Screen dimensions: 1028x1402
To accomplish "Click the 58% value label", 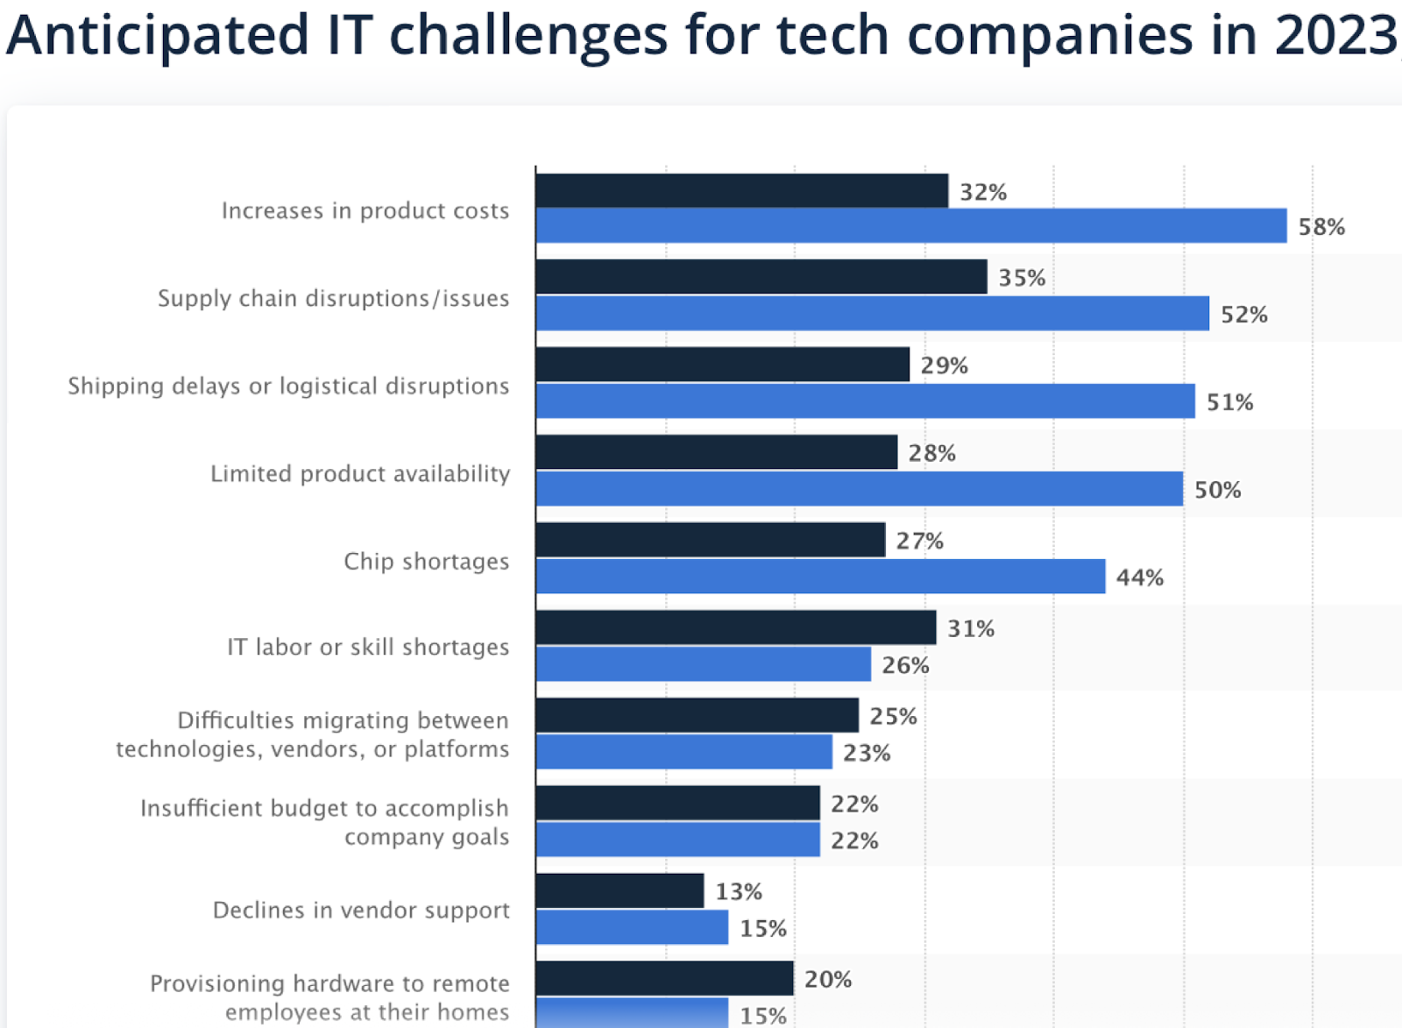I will pyautogui.click(x=1321, y=227).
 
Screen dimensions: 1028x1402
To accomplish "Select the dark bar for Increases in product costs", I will pyautogui.click(x=741, y=191).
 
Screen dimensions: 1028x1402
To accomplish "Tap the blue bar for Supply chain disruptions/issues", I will pyautogui.click(x=872, y=314).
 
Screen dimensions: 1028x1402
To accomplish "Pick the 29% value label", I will pyautogui.click(x=944, y=365).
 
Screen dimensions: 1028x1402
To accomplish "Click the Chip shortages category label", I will pyautogui.click(x=426, y=561).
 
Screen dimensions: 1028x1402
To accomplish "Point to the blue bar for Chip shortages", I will pyautogui.click(x=820, y=577).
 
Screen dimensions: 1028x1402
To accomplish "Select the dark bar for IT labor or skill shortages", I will pyautogui.click(x=735, y=627).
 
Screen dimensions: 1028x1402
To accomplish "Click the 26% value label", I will pyautogui.click(x=905, y=665).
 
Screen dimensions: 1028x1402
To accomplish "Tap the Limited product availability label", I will pyautogui.click(x=359, y=473).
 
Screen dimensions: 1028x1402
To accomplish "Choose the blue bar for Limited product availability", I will pyautogui.click(x=859, y=489).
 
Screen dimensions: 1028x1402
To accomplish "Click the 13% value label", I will pyautogui.click(x=738, y=891).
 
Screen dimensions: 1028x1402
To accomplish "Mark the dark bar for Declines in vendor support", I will pyautogui.click(x=620, y=890).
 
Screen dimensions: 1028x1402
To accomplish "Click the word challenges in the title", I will pyautogui.click(x=528, y=35).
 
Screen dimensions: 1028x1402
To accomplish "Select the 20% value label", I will pyautogui.click(x=827, y=979).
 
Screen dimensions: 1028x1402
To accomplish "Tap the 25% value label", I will pyautogui.click(x=893, y=716).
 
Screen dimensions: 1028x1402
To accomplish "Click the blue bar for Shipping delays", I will pyautogui.click(x=865, y=401).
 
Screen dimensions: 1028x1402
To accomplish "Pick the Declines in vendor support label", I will pyautogui.click(x=360, y=910).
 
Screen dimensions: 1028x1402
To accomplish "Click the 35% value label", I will pyautogui.click(x=1022, y=278).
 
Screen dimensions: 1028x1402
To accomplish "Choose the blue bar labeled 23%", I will pyautogui.click(x=683, y=752).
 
